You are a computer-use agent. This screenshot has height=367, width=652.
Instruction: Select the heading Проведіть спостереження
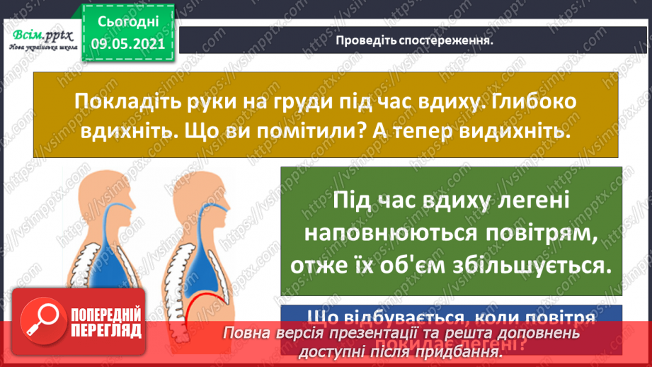pos(413,40)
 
